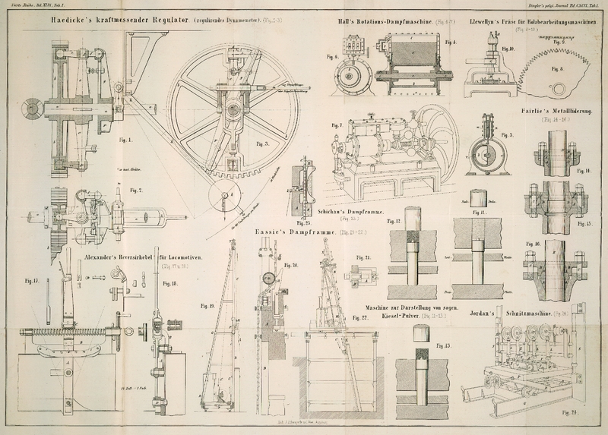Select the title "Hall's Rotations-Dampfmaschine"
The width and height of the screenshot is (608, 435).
coord(385,24)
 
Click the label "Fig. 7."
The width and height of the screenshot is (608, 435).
coord(335,126)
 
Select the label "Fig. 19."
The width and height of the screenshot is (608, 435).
coord(206,305)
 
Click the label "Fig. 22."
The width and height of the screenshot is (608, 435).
coord(370,317)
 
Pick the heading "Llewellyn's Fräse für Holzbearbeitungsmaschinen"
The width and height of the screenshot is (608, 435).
coord(535,24)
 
